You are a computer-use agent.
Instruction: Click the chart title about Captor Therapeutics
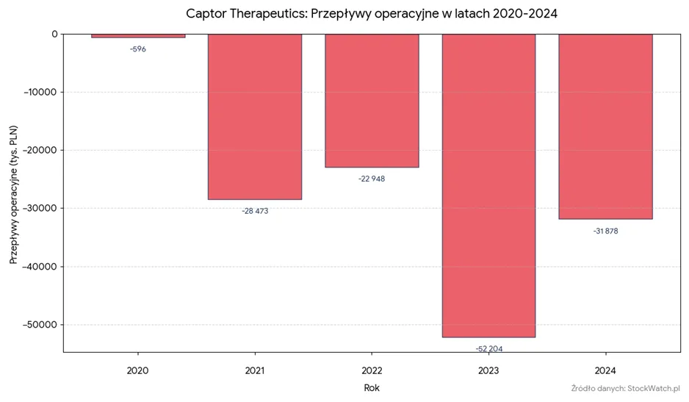tap(371, 14)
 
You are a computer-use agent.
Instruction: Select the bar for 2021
tap(255, 117)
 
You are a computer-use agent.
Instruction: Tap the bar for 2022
tap(372, 101)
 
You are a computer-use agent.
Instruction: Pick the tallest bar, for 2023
tap(488, 186)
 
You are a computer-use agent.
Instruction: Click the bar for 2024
tap(605, 126)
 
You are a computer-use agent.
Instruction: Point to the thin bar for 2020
tap(138, 35)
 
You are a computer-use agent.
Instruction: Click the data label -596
tap(138, 49)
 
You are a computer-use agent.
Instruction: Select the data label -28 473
tap(255, 211)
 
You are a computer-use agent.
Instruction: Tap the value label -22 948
tap(372, 179)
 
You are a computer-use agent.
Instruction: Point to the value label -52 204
tap(489, 349)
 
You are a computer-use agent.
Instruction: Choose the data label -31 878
tap(605, 231)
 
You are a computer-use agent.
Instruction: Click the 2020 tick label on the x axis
tap(137, 371)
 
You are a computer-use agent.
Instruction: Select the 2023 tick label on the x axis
tap(488, 371)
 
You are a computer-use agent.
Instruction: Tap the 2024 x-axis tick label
tap(605, 371)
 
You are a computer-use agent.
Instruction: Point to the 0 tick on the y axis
tap(54, 35)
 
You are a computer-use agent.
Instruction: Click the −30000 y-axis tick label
tap(40, 208)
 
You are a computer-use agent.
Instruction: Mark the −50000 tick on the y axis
tap(40, 325)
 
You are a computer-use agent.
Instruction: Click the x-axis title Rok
tap(372, 388)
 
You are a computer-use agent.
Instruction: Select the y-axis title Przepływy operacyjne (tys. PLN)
tap(14, 195)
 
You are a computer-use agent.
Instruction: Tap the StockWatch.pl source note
tap(626, 388)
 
